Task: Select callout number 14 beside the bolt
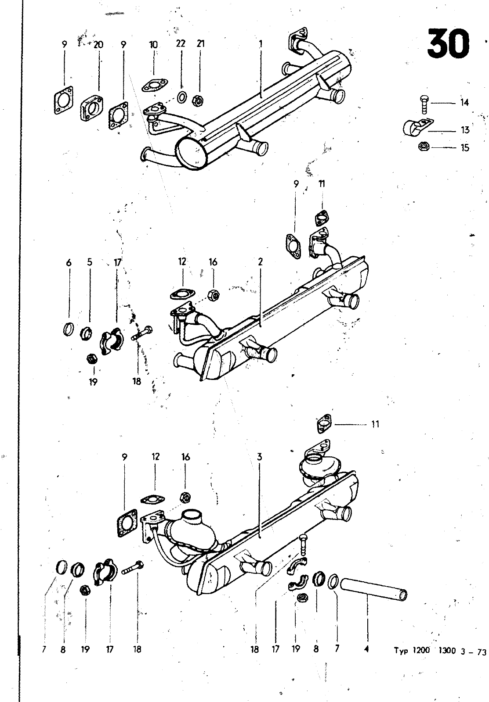click(464, 103)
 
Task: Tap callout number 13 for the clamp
click(465, 130)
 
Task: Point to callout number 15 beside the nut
click(465, 147)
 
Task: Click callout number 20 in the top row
click(98, 44)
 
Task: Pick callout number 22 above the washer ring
click(181, 43)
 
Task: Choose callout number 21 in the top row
click(200, 43)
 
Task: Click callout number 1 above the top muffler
click(261, 43)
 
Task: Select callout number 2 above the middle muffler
click(260, 261)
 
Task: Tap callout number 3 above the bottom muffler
click(259, 457)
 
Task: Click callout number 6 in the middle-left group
click(69, 262)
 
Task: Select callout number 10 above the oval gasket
click(153, 44)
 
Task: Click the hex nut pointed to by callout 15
click(424, 147)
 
